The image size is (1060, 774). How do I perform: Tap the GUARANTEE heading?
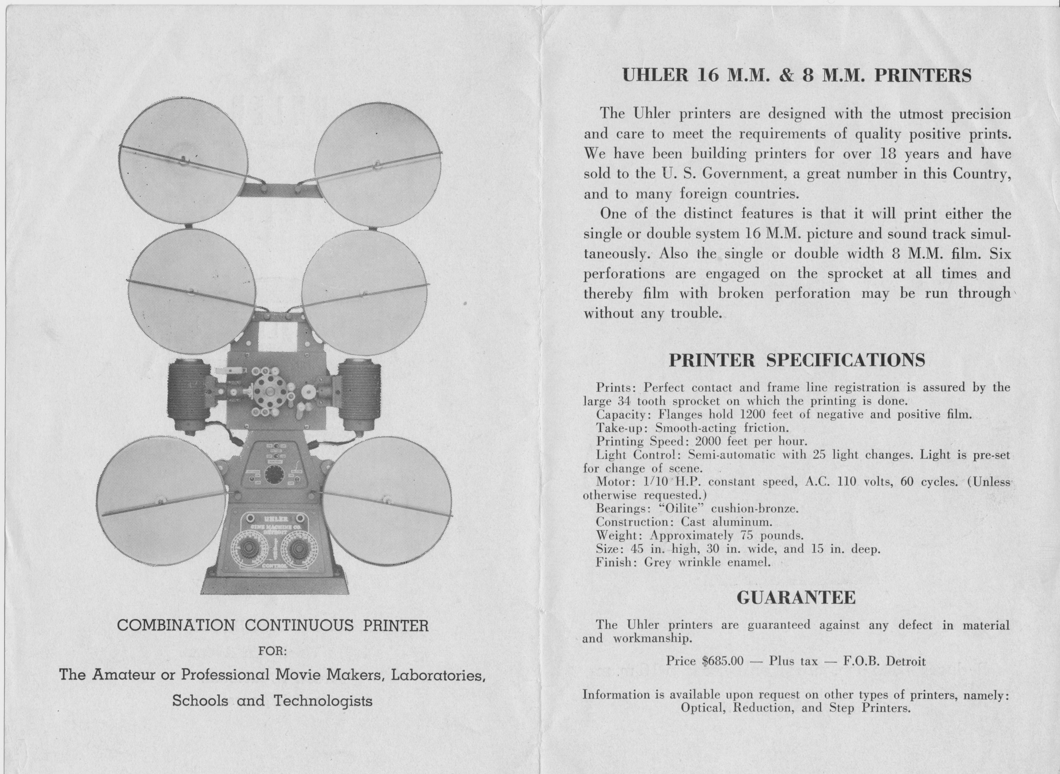[796, 598]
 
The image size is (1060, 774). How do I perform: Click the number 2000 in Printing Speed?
[710, 441]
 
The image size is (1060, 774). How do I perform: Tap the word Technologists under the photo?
[323, 701]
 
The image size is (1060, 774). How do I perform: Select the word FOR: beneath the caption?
[273, 651]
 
